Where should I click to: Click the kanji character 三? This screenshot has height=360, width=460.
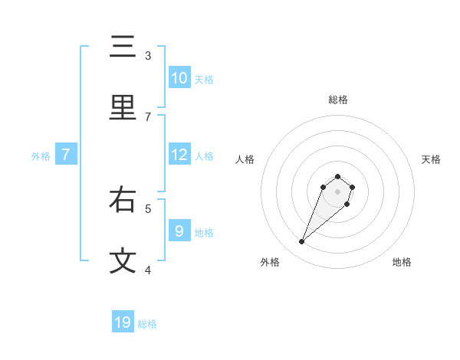coord(123,47)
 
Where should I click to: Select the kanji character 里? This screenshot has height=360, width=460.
coord(123,108)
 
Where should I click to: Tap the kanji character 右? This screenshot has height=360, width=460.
coord(123,200)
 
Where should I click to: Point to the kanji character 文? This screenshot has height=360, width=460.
coord(123,260)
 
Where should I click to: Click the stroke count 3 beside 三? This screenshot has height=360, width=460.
coord(148,55)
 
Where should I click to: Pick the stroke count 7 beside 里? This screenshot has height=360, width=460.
coord(148,116)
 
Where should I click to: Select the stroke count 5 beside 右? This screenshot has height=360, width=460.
coord(148,208)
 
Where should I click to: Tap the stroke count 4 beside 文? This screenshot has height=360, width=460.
coord(148,269)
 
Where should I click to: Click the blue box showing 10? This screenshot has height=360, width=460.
coord(179,78)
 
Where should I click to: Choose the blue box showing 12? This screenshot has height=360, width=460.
coord(179,155)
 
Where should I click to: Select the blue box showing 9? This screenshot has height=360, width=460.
coord(179,231)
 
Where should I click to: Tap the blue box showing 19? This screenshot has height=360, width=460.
coord(123,322)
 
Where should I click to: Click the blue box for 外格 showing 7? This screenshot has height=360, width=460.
coord(66,155)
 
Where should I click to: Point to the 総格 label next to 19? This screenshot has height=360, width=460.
coord(147,324)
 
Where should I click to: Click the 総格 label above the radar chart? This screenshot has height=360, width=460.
coord(338,100)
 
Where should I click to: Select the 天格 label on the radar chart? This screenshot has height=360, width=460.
coord(431,159)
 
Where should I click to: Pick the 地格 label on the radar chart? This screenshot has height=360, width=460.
coord(402,262)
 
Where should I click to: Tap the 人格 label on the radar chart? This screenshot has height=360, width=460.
coord(245,159)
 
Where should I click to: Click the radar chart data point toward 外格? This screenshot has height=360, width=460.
coord(302,242)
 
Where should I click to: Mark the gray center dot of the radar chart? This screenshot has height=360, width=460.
coord(338,191)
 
